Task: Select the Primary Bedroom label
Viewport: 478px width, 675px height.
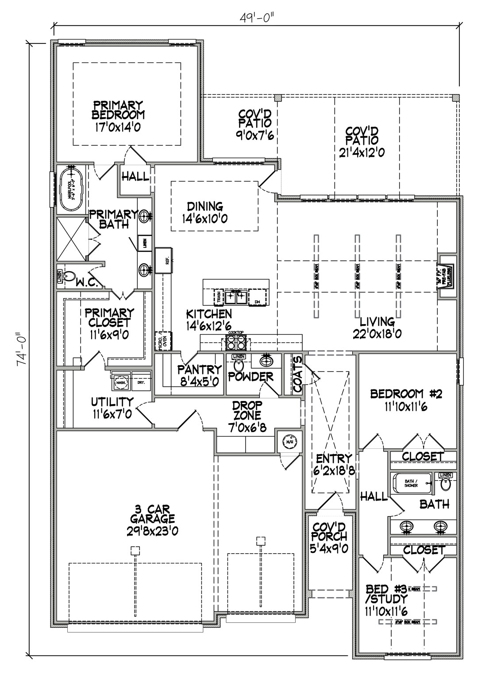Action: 118,110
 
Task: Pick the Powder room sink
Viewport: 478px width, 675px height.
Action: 266,362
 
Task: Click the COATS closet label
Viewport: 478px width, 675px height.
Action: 297,374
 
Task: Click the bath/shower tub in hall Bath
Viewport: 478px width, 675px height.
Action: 412,484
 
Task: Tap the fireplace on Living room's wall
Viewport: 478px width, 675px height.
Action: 446,278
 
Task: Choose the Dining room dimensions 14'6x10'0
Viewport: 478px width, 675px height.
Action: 204,219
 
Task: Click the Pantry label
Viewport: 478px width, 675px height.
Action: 199,369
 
